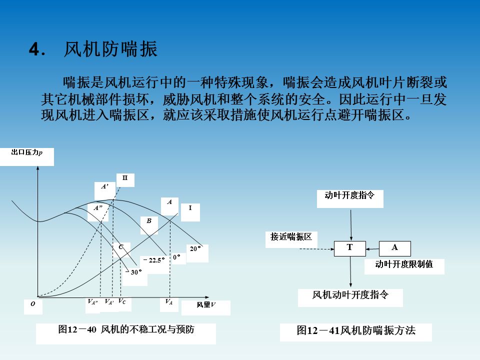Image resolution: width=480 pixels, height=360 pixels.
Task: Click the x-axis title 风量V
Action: (x=206, y=304)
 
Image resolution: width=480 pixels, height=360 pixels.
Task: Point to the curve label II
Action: (x=125, y=178)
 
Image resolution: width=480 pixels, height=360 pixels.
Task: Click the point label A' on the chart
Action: (x=105, y=186)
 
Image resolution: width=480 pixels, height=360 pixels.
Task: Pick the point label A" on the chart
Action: (x=98, y=207)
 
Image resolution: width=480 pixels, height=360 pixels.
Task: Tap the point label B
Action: (x=149, y=220)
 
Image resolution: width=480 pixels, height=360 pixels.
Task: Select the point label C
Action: (x=121, y=247)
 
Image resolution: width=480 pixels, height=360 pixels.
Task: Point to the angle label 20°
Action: (x=195, y=248)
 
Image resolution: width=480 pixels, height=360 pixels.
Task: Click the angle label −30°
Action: (x=134, y=272)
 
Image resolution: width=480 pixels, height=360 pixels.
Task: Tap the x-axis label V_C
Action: (x=122, y=301)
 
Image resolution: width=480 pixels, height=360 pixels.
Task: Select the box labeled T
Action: (x=350, y=248)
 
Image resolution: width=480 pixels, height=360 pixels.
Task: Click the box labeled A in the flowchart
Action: (x=394, y=248)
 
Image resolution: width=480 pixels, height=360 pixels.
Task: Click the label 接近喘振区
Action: (x=291, y=237)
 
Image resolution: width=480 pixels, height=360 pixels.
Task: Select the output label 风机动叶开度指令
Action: (x=350, y=295)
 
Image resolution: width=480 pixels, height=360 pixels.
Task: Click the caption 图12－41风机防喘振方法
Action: (x=356, y=330)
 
